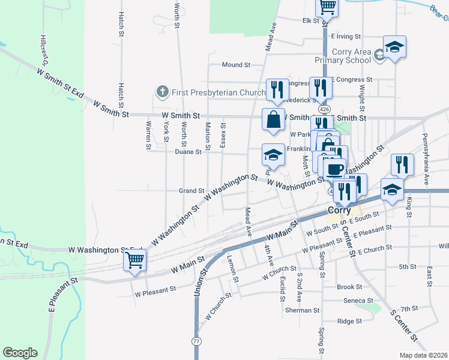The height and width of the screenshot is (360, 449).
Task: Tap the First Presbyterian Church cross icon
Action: tap(161, 92)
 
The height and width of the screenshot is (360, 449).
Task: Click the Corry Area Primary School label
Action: tap(343, 56)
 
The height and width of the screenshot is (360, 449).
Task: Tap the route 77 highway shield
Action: tap(196, 340)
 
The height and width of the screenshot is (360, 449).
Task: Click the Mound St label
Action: tap(235, 65)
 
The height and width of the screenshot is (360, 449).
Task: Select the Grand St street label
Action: tap(191, 191)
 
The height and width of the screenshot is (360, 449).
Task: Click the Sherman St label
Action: tap(303, 310)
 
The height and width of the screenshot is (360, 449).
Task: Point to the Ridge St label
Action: tap(349, 321)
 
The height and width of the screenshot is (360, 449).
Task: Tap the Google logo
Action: tap(20, 353)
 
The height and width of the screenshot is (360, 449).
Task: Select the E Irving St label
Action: tap(345, 37)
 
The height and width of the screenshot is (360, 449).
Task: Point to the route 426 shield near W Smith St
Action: tap(324, 109)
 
